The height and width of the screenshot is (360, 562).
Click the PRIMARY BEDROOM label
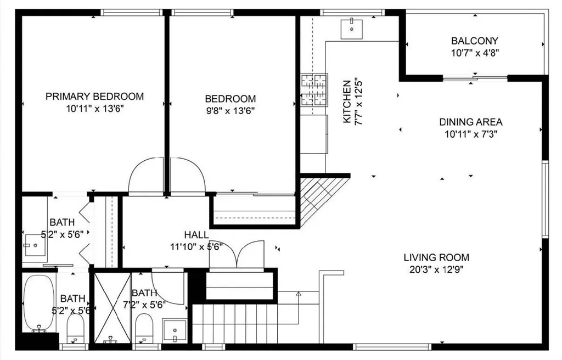coord(94,97)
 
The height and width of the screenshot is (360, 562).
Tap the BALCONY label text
coord(475,41)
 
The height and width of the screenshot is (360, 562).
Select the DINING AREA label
coord(470,122)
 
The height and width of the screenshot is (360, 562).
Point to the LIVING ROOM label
coord(436,257)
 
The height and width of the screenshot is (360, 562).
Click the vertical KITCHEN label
coord(347,102)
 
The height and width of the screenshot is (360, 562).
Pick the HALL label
coord(196,235)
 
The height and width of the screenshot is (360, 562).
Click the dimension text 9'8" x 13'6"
coord(230,110)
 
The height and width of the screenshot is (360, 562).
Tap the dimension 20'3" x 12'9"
coord(436,269)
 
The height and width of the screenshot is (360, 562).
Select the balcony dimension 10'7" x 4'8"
coord(475,53)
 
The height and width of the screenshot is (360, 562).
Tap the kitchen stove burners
coord(314,89)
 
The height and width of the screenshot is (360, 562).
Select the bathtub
coord(39,302)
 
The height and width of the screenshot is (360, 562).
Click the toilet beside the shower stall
coord(144,328)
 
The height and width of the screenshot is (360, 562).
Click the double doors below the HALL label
coord(236,256)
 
